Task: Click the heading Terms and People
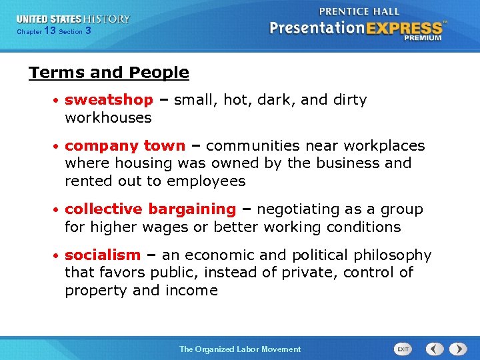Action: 109,73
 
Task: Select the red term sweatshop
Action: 109,100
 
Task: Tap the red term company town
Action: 125,145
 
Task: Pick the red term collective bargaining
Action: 150,209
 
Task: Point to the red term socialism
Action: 103,255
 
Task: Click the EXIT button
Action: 403,349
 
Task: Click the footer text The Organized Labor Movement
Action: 240,349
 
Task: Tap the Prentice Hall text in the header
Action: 359,11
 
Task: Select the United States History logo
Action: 73,19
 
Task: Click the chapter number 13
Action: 49,31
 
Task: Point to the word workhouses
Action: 108,118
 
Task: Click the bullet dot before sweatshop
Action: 57,101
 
